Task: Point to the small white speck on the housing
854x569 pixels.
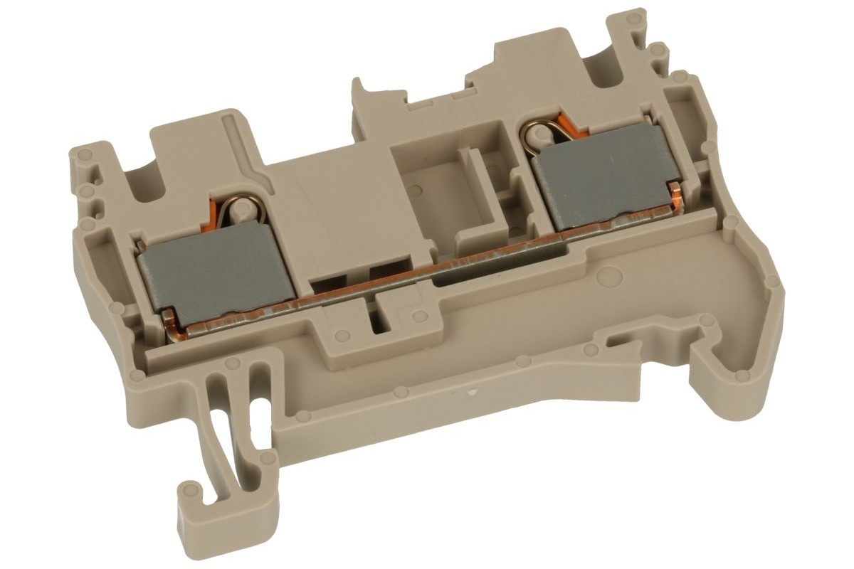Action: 469,392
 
